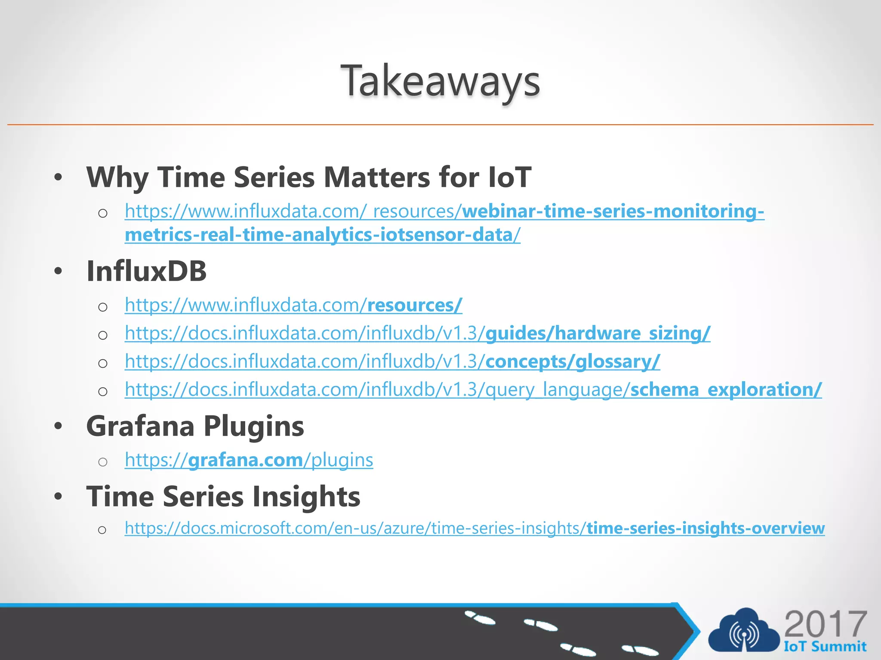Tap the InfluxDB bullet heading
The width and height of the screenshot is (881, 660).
146,272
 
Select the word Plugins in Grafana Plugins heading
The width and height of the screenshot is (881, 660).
253,426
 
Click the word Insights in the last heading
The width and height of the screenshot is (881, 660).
306,497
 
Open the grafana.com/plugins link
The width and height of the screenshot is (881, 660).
249,460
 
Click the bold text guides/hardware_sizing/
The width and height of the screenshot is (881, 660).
598,333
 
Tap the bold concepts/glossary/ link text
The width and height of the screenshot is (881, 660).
572,361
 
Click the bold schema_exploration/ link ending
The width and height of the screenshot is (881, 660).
726,390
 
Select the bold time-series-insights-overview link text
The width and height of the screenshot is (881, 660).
705,528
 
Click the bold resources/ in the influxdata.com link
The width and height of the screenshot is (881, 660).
414,305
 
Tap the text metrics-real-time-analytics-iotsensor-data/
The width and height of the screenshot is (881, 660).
322,235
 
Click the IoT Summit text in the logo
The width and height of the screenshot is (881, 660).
825,646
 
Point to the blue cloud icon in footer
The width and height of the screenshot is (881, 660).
743,632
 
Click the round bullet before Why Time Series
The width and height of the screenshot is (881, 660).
59,177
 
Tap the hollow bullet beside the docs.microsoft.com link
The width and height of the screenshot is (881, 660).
102,530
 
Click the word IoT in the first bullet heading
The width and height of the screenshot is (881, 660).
510,177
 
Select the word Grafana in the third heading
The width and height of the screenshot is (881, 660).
140,426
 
